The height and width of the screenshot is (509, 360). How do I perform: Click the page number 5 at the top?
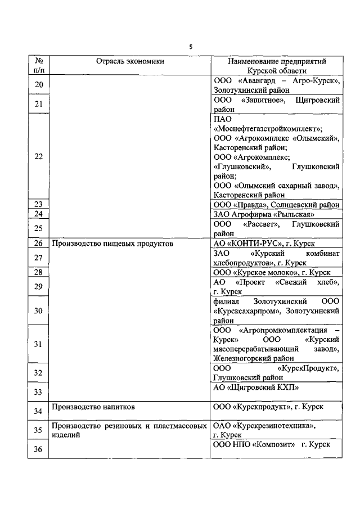click(190, 47)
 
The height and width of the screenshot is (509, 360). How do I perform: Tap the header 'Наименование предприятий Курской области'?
click(277, 66)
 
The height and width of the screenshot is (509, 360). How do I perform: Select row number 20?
click(38, 84)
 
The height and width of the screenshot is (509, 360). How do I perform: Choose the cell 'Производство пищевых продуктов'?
click(112, 244)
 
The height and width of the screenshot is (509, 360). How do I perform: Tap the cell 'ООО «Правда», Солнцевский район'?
click(276, 205)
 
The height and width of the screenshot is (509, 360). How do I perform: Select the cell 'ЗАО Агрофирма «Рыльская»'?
click(264, 214)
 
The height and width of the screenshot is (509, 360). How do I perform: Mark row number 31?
click(38, 344)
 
